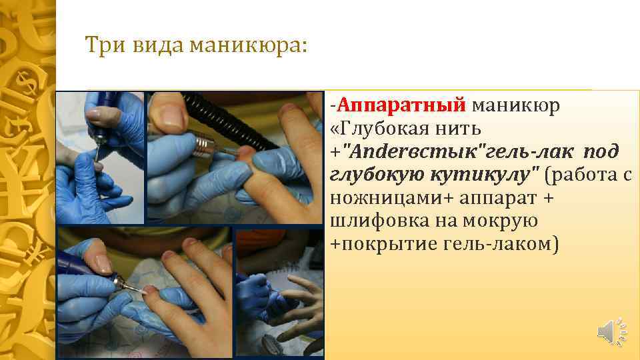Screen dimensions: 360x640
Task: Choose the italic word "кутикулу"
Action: [497, 175]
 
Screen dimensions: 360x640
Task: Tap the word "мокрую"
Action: [507, 222]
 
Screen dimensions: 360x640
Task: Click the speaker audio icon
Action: [609, 331]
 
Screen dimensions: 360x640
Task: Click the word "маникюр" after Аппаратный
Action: [517, 105]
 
